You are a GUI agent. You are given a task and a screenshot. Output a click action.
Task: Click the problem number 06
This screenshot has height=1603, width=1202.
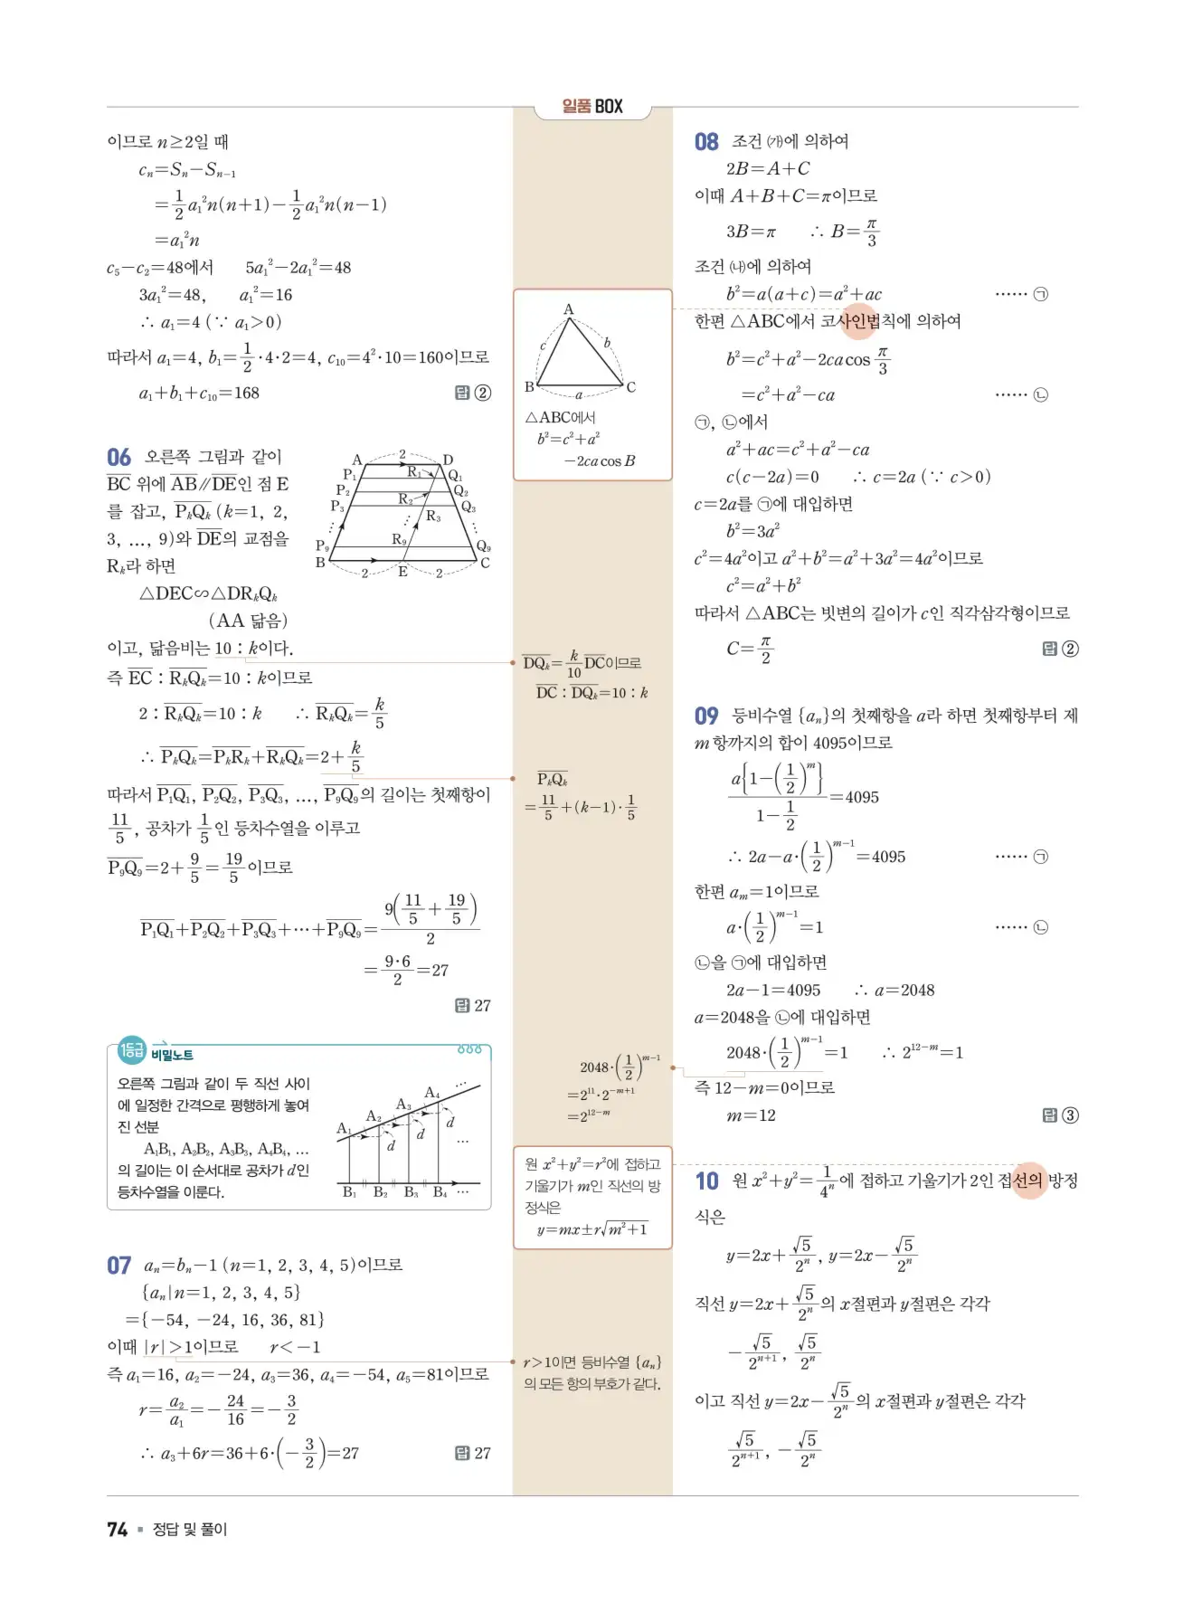[x=118, y=458]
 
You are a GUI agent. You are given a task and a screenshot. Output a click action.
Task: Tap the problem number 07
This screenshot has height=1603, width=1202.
[x=118, y=1266]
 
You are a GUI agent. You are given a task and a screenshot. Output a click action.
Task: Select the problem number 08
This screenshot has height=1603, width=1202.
[x=706, y=142]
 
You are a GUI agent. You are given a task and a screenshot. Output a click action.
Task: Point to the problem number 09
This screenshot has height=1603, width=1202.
[x=706, y=716]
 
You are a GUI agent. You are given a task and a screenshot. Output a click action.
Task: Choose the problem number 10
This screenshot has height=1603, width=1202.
[x=706, y=1181]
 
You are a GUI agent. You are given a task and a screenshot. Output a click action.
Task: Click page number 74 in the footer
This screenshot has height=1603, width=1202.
[x=117, y=1529]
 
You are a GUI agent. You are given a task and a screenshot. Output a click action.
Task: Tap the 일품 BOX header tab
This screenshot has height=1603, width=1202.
[x=592, y=107]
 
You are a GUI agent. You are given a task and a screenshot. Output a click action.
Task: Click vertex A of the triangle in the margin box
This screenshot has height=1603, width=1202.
[x=569, y=309]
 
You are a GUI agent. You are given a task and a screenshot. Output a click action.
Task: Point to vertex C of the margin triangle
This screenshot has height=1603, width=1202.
[x=630, y=387]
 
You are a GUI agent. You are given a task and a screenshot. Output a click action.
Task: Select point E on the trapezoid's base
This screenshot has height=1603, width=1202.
[x=402, y=572]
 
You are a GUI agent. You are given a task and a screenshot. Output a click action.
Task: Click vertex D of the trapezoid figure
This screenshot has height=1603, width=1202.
[x=448, y=460]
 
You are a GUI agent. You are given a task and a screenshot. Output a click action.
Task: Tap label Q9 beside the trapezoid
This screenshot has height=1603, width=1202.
[x=483, y=546]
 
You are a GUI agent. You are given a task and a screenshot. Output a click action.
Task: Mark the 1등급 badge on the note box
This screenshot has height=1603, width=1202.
[x=132, y=1050]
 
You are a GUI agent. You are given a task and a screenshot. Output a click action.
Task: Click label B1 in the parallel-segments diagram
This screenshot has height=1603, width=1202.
[x=349, y=1192]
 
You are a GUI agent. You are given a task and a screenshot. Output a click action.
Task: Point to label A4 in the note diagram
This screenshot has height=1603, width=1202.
[x=432, y=1093]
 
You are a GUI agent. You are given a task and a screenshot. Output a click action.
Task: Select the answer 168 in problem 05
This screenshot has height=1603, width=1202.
[x=245, y=394]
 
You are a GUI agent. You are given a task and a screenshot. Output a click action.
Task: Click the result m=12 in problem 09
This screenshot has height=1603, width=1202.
[x=751, y=1116]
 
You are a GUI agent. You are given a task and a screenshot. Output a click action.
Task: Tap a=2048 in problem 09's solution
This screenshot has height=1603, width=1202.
[x=904, y=991]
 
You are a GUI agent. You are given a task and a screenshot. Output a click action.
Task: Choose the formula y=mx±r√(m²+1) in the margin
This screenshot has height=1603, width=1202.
[x=592, y=1229]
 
